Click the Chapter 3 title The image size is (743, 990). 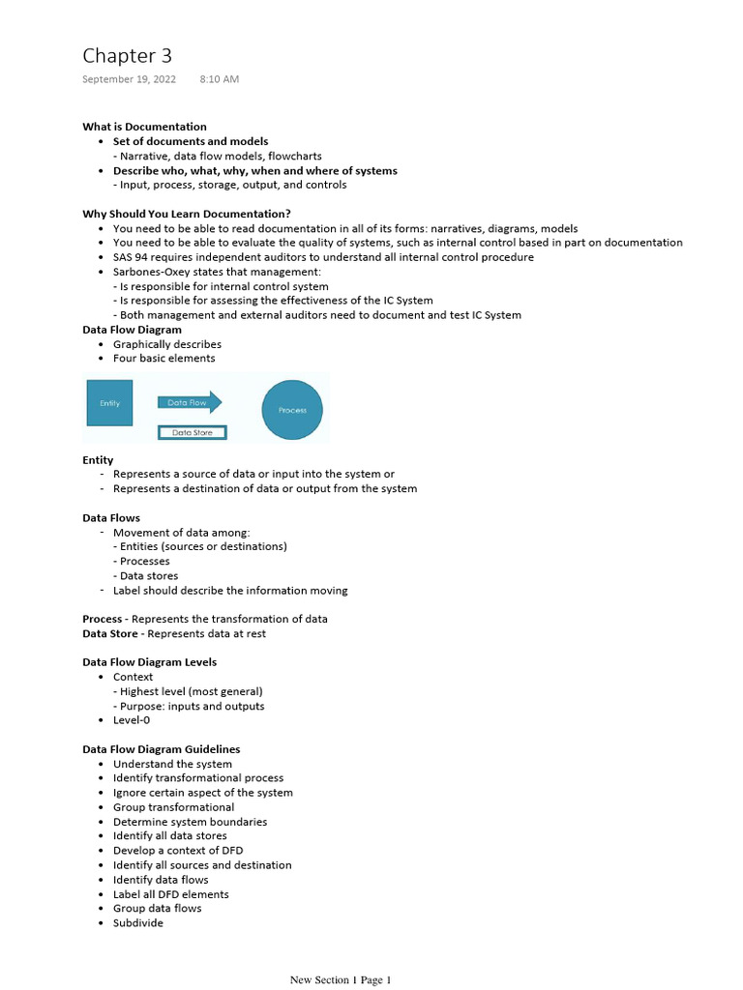click(127, 56)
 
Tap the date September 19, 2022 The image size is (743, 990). click(129, 79)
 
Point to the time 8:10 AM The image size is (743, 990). click(219, 79)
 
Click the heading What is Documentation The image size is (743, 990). click(144, 127)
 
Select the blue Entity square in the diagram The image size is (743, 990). click(109, 404)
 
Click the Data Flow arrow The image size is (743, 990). click(190, 402)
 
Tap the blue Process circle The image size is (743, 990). click(292, 410)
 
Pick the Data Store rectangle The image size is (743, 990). click(192, 433)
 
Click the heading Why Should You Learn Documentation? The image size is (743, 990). click(187, 214)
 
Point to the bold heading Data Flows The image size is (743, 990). click(111, 518)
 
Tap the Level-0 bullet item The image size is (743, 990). click(132, 720)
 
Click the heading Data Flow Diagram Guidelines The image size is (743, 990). click(161, 749)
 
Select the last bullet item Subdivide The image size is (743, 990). click(138, 923)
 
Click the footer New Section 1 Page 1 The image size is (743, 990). click(340, 980)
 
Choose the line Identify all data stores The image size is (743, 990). click(170, 835)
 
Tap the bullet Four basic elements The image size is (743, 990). click(163, 359)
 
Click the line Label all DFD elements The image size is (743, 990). click(170, 894)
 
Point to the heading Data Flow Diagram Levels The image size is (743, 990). click(149, 662)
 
